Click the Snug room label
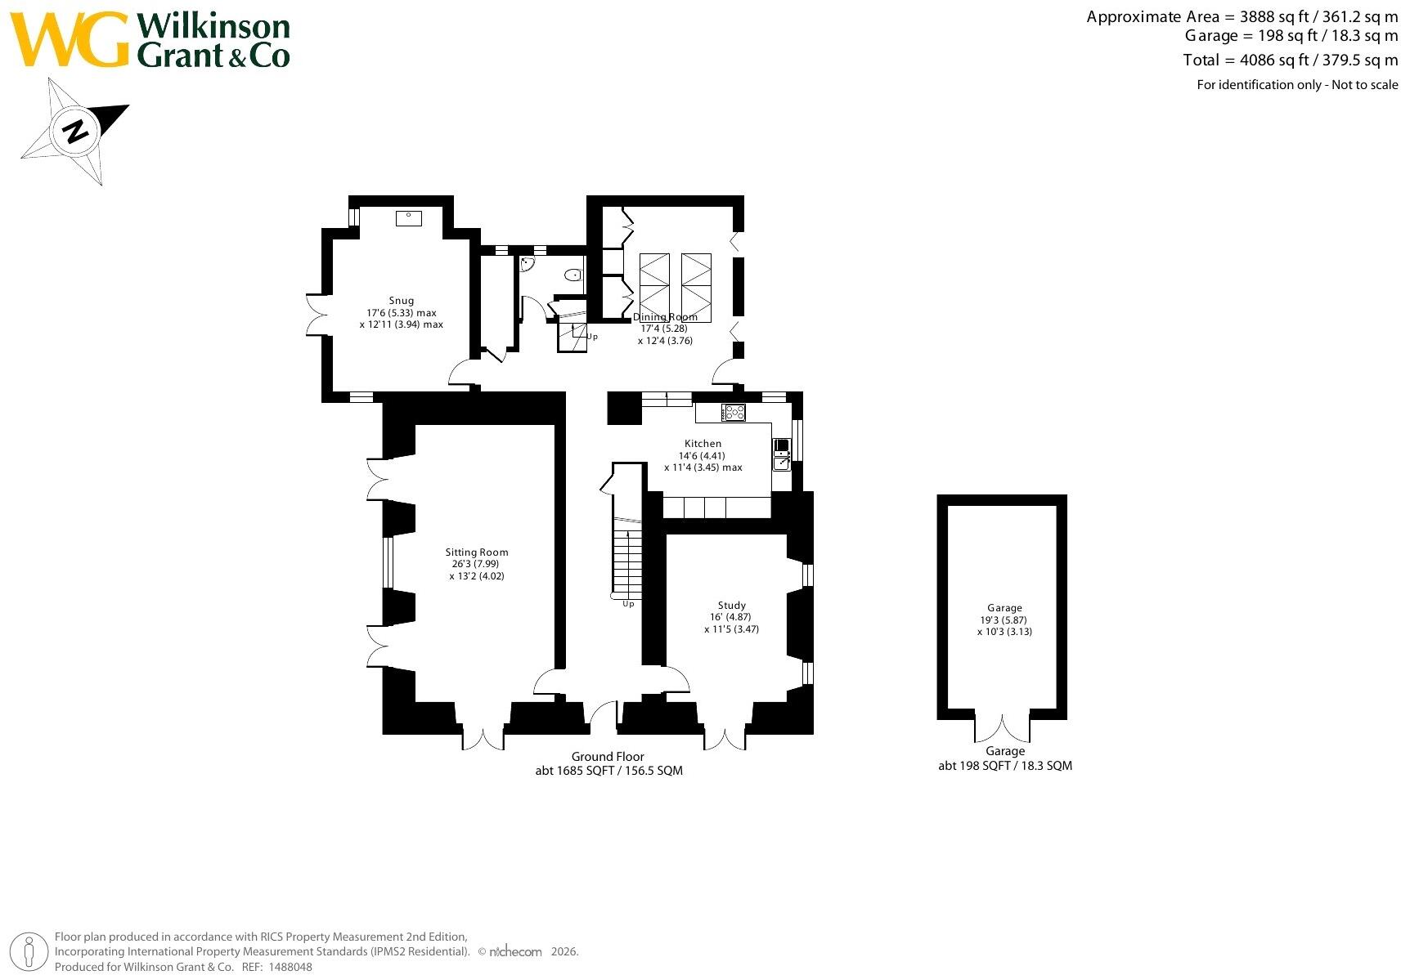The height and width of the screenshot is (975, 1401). [401, 301]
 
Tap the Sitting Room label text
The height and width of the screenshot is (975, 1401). [477, 552]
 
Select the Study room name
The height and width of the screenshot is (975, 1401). [731, 605]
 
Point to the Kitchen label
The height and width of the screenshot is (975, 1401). [703, 443]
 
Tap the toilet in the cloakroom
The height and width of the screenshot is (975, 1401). [573, 275]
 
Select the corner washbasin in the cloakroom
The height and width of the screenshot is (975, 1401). [527, 264]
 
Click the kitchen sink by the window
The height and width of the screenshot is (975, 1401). [782, 454]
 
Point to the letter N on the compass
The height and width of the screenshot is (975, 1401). [76, 132]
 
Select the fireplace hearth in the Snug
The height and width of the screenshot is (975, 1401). [408, 218]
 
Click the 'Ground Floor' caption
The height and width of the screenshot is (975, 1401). [608, 756]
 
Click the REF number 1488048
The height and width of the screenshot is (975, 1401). [290, 967]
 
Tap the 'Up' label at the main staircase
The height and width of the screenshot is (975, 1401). [628, 604]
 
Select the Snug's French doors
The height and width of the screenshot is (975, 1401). [317, 315]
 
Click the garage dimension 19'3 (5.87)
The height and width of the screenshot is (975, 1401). [1004, 620]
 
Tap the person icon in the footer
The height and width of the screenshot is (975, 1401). [29, 952]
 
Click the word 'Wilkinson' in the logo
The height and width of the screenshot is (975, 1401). [213, 26]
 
